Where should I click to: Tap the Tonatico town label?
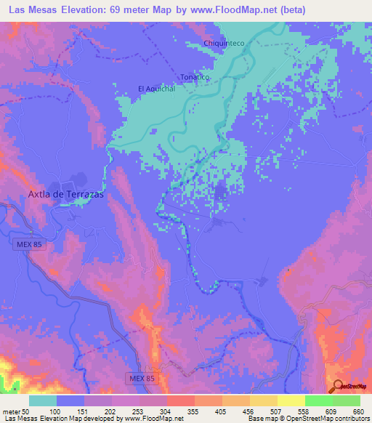point(195,77)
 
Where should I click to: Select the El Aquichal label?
point(157,89)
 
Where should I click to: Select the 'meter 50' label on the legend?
point(16,411)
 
